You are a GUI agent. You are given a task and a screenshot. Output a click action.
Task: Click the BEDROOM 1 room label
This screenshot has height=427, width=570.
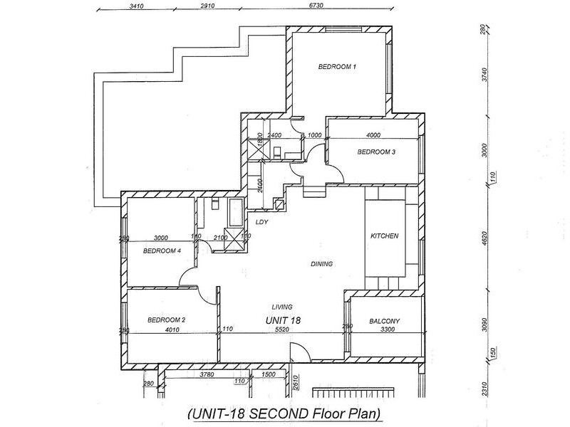pyautogui.click(x=337, y=66)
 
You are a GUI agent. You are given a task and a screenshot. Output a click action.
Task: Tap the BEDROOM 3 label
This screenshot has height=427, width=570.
pyautogui.click(x=376, y=152)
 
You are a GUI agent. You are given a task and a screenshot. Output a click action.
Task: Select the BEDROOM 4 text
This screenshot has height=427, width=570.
pyautogui.click(x=162, y=251)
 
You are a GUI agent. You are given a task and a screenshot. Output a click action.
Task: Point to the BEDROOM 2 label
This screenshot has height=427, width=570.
pyautogui.click(x=167, y=320)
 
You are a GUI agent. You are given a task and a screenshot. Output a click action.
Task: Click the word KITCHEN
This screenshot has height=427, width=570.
pyautogui.click(x=384, y=236)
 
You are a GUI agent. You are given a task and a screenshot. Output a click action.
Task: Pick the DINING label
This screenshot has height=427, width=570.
pyautogui.click(x=322, y=264)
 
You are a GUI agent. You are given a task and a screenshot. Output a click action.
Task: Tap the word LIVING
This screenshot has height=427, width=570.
pyautogui.click(x=283, y=307)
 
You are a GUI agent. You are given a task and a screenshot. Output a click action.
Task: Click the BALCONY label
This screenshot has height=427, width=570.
pyautogui.click(x=385, y=321)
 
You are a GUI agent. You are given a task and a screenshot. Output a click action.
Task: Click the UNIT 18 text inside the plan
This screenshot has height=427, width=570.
pyautogui.click(x=284, y=320)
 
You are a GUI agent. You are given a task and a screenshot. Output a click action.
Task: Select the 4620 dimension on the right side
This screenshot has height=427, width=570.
pyautogui.click(x=484, y=236)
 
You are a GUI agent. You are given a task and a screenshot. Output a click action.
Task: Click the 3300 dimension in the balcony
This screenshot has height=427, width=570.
pyautogui.click(x=386, y=330)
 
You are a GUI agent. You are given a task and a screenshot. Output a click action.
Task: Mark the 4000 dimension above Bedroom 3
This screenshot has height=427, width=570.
pyautogui.click(x=373, y=135)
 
